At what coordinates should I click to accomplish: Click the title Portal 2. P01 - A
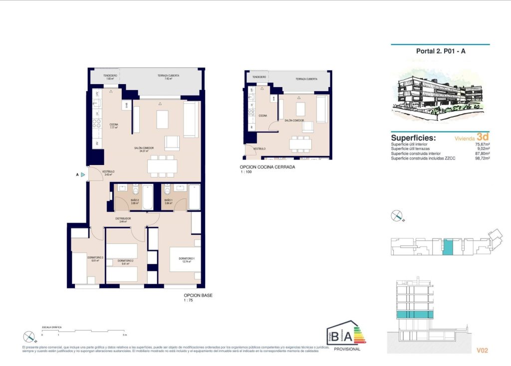tap(441, 50)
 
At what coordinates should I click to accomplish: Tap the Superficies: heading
tap(413, 138)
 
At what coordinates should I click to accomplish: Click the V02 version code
tap(482, 350)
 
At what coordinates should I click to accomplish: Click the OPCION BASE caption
tap(198, 295)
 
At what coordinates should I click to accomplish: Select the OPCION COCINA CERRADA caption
tap(267, 167)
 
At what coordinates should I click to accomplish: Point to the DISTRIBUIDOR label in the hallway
tap(123, 218)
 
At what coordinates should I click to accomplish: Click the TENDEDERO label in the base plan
tap(110, 75)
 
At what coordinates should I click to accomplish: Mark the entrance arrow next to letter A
tap(83, 175)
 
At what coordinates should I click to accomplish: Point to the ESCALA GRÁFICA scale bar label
tap(52, 326)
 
